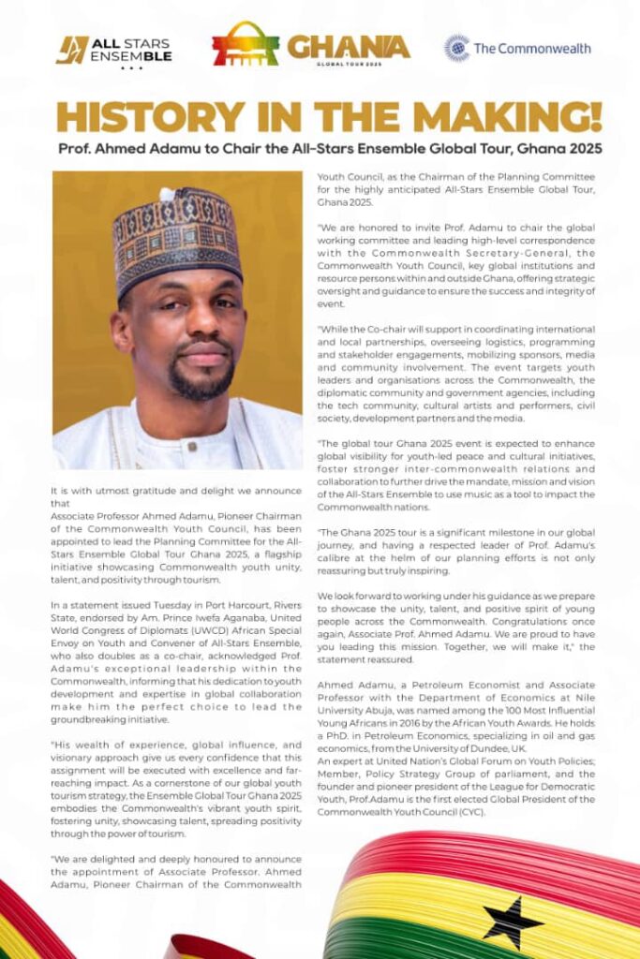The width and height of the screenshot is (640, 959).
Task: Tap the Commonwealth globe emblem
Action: tap(456, 48)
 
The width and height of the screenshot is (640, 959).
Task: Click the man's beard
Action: tap(201, 379)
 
